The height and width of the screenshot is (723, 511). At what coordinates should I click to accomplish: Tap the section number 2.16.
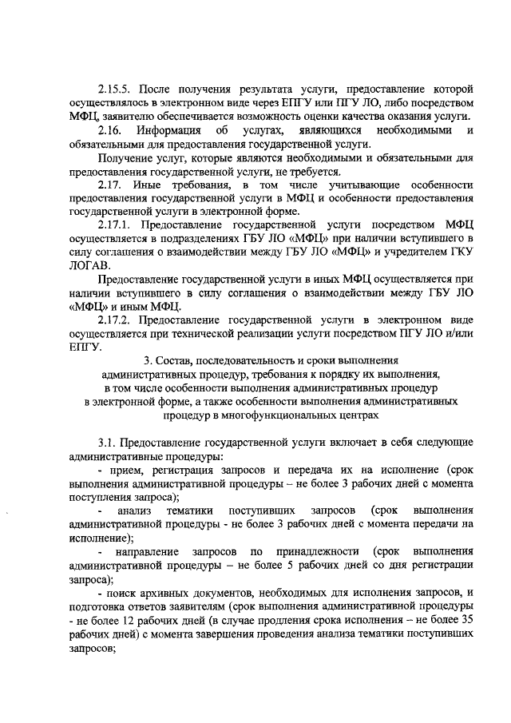[109, 130]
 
